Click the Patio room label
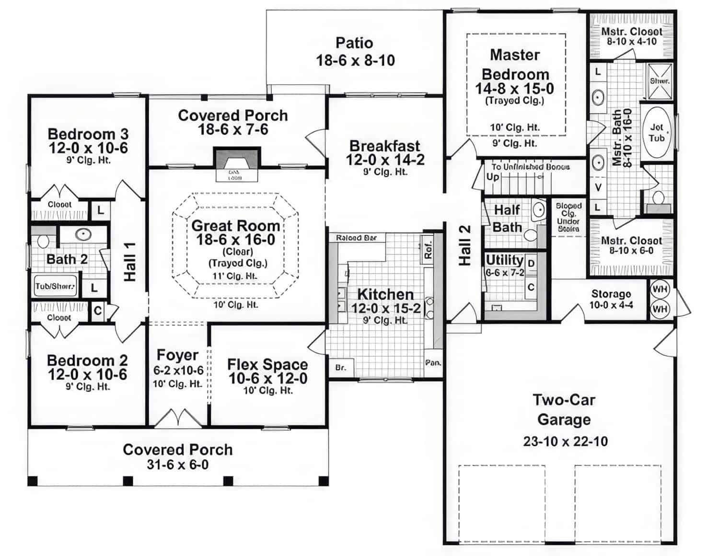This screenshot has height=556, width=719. click(x=354, y=43)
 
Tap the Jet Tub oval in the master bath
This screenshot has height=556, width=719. click(x=656, y=132)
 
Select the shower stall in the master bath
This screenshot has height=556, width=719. click(x=660, y=81)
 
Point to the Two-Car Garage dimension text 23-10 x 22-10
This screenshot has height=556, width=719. click(x=565, y=441)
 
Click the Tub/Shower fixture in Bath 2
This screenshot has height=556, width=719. click(x=55, y=287)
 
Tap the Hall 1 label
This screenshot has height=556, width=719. click(x=130, y=262)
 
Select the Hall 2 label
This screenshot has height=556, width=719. click(x=465, y=245)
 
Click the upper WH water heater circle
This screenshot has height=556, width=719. click(x=660, y=290)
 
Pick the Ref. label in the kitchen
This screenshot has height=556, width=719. click(x=428, y=249)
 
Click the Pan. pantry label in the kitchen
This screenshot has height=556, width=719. click(x=433, y=363)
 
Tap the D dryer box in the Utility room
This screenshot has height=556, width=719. click(x=531, y=264)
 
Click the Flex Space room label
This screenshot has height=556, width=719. click(x=267, y=364)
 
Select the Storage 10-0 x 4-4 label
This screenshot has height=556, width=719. click(x=611, y=299)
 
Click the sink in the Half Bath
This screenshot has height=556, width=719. click(x=539, y=210)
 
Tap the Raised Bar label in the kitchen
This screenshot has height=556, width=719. click(x=356, y=238)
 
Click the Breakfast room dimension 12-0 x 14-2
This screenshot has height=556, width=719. click(x=385, y=160)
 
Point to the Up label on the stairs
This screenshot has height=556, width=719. click(x=493, y=176)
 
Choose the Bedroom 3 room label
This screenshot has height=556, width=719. click(x=88, y=134)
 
